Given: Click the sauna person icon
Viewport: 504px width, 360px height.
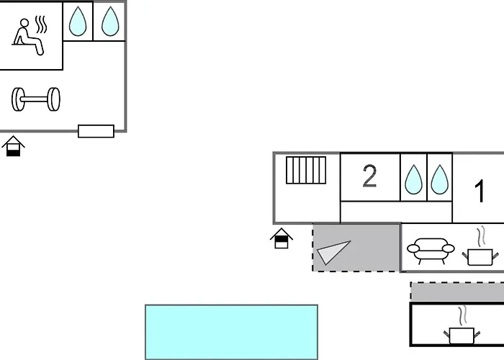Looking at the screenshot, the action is click(27, 37).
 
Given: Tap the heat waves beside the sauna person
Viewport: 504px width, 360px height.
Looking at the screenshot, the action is click(41, 24).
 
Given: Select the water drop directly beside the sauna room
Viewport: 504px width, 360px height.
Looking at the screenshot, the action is click(78, 21).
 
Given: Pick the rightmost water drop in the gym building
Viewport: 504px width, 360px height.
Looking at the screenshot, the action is click(110, 21).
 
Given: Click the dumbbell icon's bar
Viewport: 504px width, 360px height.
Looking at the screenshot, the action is click(36, 99).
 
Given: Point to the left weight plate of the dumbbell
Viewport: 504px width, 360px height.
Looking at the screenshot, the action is click(17, 99).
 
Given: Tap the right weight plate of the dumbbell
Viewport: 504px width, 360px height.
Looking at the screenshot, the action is click(54, 99).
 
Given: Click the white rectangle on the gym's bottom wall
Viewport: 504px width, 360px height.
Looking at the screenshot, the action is click(96, 131).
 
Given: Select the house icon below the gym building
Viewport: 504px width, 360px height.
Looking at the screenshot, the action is click(13, 146).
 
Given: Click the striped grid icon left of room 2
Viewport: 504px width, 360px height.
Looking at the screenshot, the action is click(306, 171).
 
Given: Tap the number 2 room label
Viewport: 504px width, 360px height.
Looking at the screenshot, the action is click(369, 176).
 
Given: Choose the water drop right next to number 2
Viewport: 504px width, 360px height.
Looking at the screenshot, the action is click(413, 180).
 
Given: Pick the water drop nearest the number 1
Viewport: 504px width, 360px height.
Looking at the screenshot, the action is click(439, 180).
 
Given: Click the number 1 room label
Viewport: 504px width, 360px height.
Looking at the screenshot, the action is click(480, 191).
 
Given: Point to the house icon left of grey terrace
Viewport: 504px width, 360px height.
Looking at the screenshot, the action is click(282, 238).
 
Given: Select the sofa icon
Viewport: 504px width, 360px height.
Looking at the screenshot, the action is click(431, 251).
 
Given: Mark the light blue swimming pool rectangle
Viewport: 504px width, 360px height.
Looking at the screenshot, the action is click(231, 332).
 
